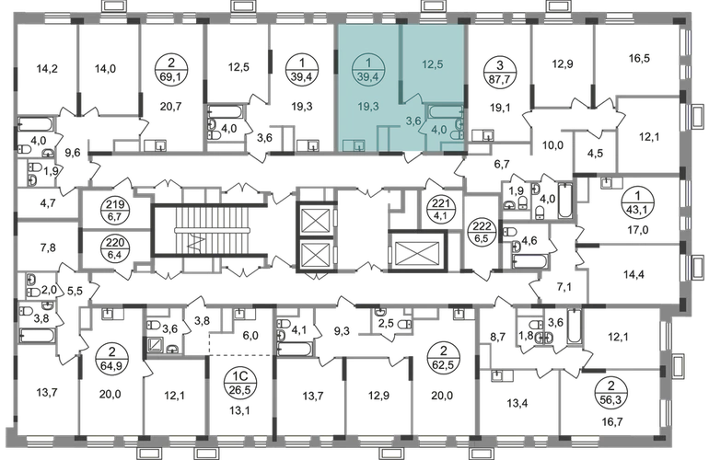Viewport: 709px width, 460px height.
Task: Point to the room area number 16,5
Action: pyautogui.click(x=639, y=58)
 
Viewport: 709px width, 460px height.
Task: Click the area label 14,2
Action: pyautogui.click(x=47, y=69)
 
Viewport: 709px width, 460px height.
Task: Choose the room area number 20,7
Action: pyautogui.click(x=171, y=107)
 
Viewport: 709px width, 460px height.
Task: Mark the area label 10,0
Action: pyautogui.click(x=552, y=145)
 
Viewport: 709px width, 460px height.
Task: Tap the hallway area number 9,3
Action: pyautogui.click(x=342, y=332)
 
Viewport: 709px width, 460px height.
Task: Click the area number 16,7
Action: pyautogui.click(x=613, y=422)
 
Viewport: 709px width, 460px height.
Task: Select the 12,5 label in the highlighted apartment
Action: pyautogui.click(x=432, y=64)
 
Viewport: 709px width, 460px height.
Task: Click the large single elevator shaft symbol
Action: pyautogui.click(x=417, y=251)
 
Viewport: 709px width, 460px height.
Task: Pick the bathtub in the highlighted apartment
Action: pyautogui.click(x=445, y=111)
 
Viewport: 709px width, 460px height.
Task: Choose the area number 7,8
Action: pyautogui.click(x=48, y=247)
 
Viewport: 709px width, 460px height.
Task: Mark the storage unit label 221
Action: pyautogui.click(x=439, y=209)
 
